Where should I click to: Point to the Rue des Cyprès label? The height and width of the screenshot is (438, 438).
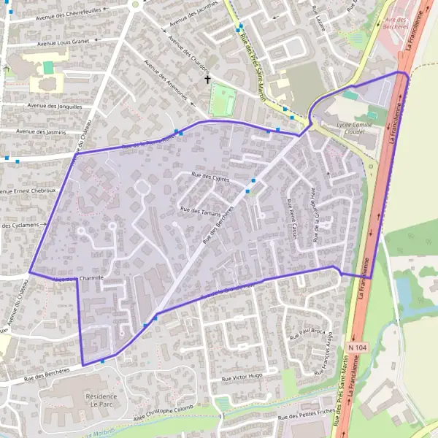(x=210, y=177)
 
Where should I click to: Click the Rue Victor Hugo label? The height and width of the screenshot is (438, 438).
(x=242, y=377)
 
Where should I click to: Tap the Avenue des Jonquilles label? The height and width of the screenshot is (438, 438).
(x=55, y=105)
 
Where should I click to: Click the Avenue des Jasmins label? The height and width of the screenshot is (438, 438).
(x=42, y=131)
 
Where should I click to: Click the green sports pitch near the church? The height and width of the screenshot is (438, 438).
(x=223, y=101)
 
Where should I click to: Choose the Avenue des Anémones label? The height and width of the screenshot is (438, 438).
(x=166, y=80)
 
